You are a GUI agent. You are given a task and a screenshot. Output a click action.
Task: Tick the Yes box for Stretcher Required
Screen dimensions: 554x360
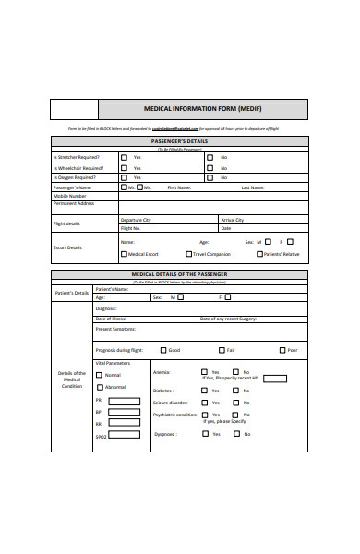pyautogui.click(x=125, y=157)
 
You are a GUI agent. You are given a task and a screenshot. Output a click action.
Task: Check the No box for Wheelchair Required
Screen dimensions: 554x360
pyautogui.click(x=210, y=168)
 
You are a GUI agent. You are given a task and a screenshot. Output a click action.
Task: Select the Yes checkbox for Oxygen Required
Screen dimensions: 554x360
pyautogui.click(x=125, y=178)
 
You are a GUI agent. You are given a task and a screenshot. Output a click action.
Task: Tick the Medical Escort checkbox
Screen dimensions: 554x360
pyautogui.click(x=125, y=253)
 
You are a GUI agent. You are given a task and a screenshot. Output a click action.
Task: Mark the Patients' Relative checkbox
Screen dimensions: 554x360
pyautogui.click(x=260, y=253)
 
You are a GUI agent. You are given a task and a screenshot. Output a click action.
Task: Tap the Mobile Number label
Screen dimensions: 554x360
pyautogui.click(x=70, y=196)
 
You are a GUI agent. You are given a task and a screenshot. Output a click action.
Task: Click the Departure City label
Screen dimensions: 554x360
pyautogui.click(x=136, y=220)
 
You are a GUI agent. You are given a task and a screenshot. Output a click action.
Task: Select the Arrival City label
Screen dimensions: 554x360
pyautogui.click(x=233, y=220)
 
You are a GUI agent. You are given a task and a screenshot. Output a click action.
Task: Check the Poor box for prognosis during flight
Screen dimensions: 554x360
pyautogui.click(x=283, y=350)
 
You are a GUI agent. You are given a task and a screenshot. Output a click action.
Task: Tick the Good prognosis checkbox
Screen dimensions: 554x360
pyautogui.click(x=163, y=350)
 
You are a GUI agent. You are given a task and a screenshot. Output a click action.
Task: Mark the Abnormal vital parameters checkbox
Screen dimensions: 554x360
pyautogui.click(x=101, y=387)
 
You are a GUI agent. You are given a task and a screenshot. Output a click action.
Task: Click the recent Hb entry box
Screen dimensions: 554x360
pyautogui.click(x=275, y=378)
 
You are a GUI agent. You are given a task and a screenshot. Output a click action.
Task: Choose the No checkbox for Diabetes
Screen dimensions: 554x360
pyautogui.click(x=235, y=391)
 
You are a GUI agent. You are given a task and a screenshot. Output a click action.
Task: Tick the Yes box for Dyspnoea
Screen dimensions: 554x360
pyautogui.click(x=206, y=433)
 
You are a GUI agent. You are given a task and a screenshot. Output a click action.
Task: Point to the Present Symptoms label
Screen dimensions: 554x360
pyautogui.click(x=116, y=329)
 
